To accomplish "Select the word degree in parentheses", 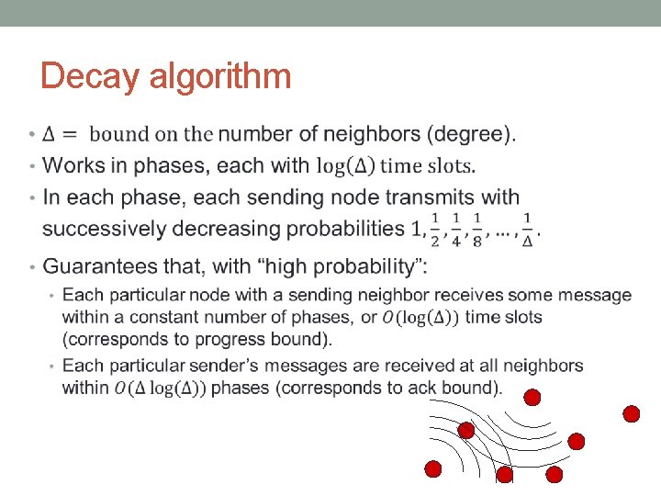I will pyautogui.click(x=470, y=134).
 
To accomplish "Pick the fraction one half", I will pyautogui.click(x=435, y=229).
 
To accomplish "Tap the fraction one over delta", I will pyautogui.click(x=528, y=229).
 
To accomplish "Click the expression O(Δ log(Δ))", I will pyautogui.click(x=162, y=388).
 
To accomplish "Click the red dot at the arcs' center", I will pyautogui.click(x=466, y=430).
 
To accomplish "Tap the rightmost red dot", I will pyautogui.click(x=632, y=413).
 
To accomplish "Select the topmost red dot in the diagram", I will pyautogui.click(x=532, y=397).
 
